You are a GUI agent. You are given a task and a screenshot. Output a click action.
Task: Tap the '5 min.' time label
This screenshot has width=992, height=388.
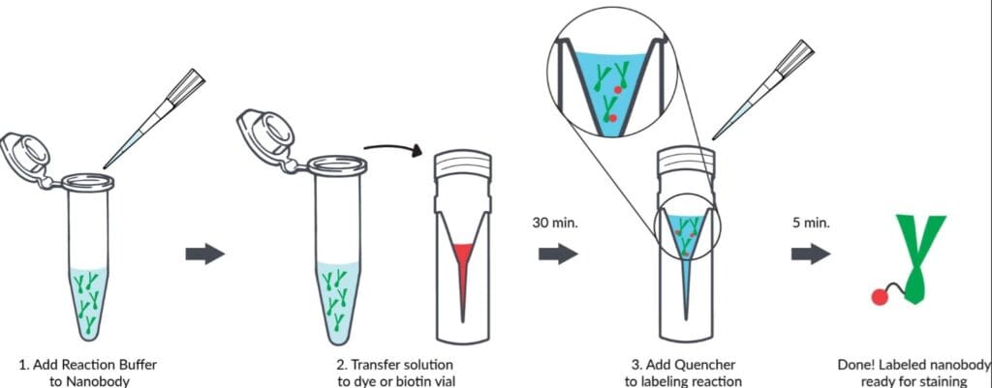pyautogui.click(x=811, y=224)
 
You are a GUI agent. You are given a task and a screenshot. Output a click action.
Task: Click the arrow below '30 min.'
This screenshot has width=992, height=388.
pyautogui.click(x=557, y=254)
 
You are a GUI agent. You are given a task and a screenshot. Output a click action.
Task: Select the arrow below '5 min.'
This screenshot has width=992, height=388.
pyautogui.click(x=811, y=254)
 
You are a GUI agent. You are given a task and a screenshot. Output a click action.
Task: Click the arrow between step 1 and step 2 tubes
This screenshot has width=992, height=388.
pyautogui.click(x=205, y=254)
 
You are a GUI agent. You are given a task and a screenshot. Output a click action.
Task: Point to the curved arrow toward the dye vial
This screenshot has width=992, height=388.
pyautogui.click(x=392, y=146)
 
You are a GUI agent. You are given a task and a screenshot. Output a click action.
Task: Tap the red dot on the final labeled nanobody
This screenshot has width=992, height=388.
pyautogui.click(x=879, y=297)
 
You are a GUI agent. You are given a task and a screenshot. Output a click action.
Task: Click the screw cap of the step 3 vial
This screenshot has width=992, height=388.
pyautogui.click(x=687, y=162)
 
